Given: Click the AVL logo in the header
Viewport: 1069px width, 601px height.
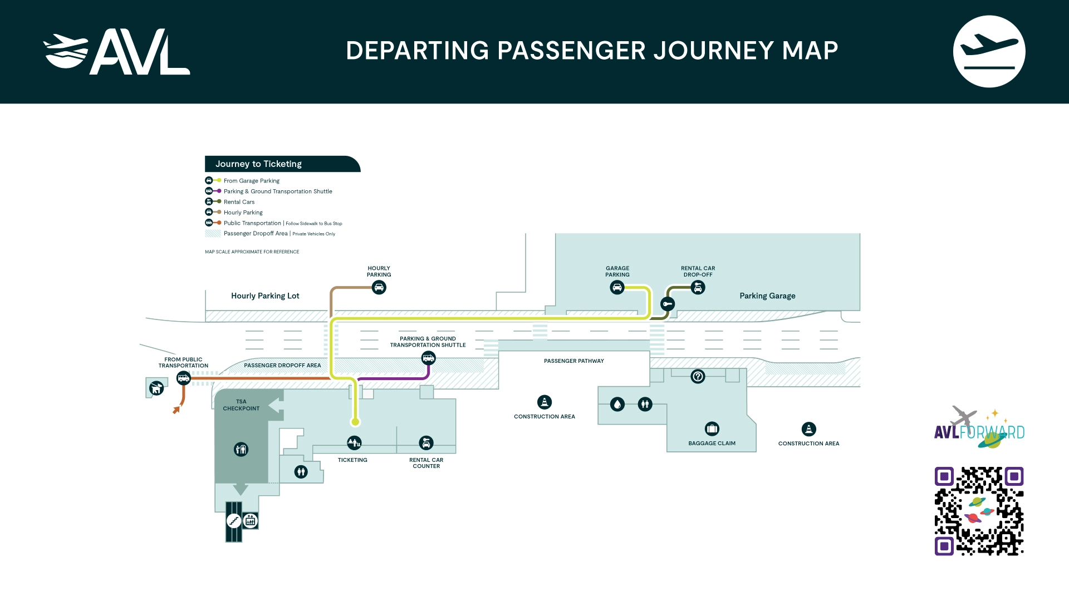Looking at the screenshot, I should point(117,52).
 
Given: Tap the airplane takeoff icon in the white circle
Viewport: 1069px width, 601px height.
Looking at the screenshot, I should point(989,51).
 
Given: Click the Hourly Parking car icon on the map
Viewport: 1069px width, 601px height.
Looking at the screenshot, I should point(379,288).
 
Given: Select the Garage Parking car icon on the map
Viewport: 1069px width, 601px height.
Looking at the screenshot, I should point(617,288).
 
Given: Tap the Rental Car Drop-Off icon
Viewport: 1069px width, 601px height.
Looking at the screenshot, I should point(698,288).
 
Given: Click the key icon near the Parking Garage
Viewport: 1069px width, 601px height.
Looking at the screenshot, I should point(668,304).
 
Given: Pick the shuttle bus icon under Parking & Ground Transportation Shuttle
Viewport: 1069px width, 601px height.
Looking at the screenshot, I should point(428,358).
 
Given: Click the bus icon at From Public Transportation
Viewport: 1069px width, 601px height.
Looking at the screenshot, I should point(183,379).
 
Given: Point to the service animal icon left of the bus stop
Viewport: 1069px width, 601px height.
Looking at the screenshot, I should point(156,387).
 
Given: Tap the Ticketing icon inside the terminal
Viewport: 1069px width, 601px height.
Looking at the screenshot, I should point(354,443).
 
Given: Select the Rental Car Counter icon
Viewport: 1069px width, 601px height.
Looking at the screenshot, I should point(426,443).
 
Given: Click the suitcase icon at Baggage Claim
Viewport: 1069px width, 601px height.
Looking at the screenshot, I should point(712,428).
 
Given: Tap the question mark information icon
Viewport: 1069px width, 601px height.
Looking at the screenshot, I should point(698,377).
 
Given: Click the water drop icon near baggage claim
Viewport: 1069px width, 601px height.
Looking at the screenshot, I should point(617,405).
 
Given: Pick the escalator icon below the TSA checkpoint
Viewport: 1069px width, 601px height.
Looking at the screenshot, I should point(234,521).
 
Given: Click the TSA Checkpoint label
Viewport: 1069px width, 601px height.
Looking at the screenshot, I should point(241,405).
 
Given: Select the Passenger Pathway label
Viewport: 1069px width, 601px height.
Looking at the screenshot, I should point(573,361).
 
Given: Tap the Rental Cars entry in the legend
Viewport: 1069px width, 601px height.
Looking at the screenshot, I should point(239,202).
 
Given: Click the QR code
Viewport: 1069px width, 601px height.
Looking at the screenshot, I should point(979,511).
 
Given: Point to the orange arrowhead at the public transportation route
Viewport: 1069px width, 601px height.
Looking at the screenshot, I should point(176,411).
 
